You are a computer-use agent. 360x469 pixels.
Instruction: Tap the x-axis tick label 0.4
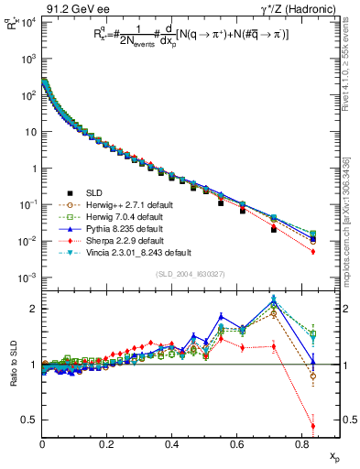(x=172, y=444)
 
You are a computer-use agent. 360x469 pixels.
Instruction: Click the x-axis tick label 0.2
(x=107, y=444)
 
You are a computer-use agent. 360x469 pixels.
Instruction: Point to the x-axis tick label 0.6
(x=237, y=444)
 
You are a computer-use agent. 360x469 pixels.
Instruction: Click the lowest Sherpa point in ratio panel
(x=313, y=426)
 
